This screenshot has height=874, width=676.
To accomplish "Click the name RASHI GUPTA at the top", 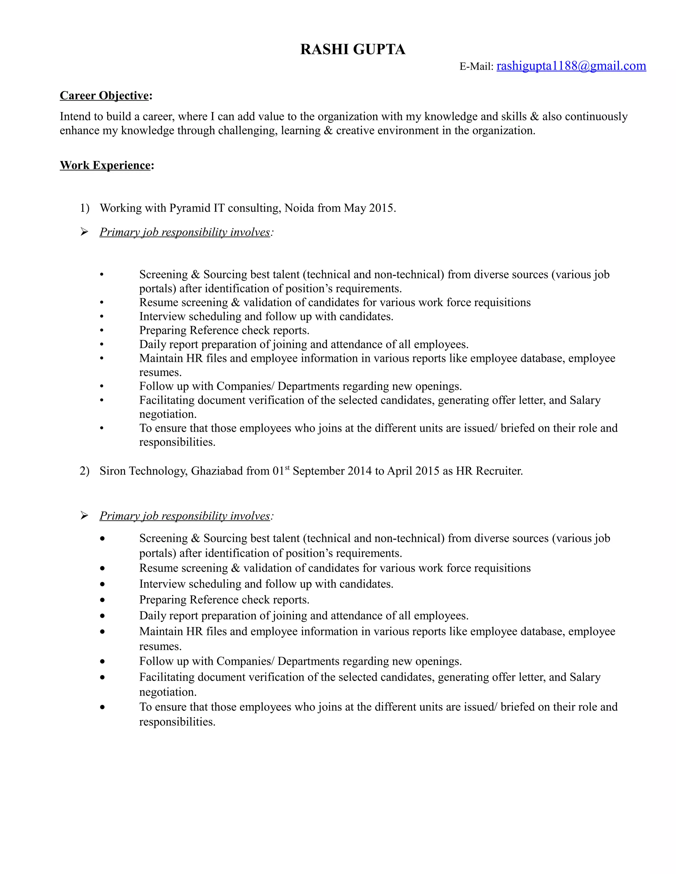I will coord(353,49).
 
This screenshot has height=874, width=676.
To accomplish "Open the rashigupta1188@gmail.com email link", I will coord(571,66).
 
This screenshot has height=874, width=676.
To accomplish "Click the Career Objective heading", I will coord(104,96).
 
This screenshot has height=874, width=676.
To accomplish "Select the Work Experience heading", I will coord(105,165).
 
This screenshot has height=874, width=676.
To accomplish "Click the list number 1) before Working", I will coord(84,208).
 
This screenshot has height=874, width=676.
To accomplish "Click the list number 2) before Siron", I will coord(84,471).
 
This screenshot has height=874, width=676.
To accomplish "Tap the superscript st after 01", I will coord(287,467).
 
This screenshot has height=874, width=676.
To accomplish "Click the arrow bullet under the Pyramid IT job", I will coord(84,232).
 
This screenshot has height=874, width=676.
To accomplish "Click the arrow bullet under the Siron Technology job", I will coord(84,516).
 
